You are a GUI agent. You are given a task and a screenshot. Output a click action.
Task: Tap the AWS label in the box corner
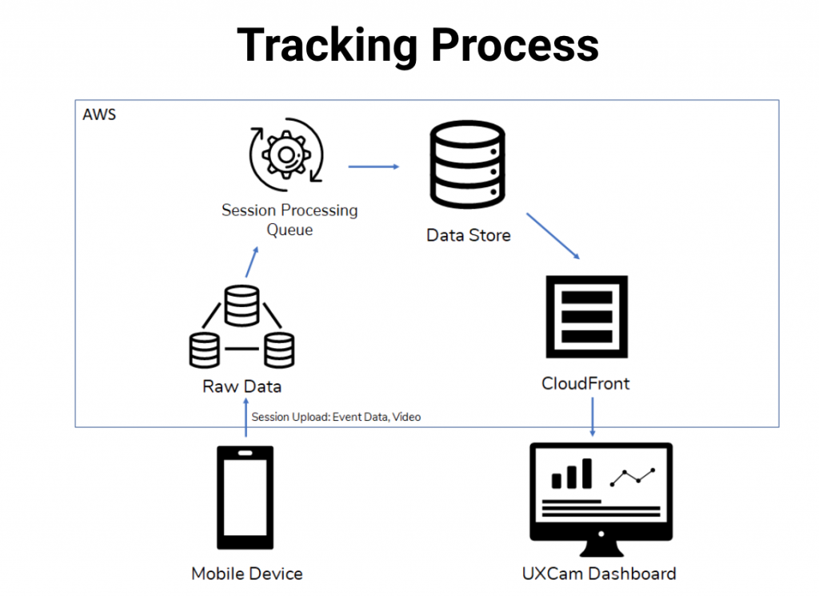click(x=99, y=114)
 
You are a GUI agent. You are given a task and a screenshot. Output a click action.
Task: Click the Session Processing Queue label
click(x=290, y=220)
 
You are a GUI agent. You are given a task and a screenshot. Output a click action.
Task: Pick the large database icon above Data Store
click(x=469, y=164)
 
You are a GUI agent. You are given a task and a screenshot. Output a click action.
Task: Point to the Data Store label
click(x=469, y=235)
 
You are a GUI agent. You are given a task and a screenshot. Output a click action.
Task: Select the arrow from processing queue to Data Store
click(x=374, y=166)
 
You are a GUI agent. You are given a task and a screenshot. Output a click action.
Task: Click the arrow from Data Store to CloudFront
click(x=553, y=235)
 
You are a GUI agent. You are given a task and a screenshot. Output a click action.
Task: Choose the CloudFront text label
click(x=585, y=383)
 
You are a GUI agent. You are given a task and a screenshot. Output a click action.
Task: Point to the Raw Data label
click(x=242, y=386)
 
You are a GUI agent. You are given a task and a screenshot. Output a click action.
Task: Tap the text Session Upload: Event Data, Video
click(x=336, y=417)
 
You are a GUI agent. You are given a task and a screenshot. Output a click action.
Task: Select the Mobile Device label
click(x=247, y=574)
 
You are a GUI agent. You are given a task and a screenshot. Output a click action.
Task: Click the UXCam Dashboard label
click(x=599, y=574)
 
